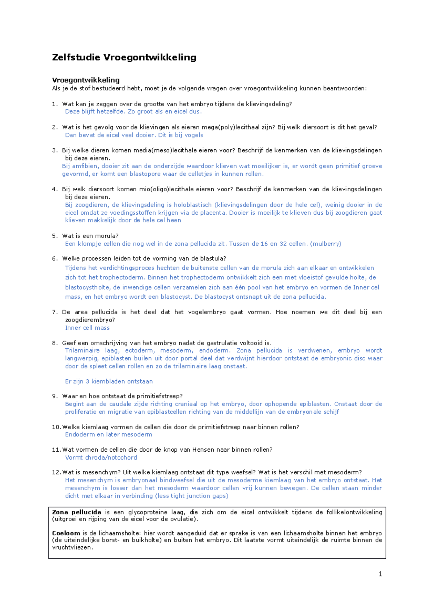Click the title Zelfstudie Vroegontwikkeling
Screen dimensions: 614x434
click(x=124, y=57)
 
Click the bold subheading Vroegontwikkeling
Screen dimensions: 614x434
click(x=86, y=80)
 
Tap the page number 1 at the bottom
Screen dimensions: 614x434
click(x=380, y=574)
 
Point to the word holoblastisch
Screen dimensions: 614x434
click(x=193, y=205)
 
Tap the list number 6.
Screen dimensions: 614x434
click(x=55, y=259)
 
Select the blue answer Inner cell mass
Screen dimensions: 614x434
click(x=87, y=328)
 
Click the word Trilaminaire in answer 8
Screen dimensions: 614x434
click(x=82, y=350)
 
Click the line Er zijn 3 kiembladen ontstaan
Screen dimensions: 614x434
click(x=109, y=381)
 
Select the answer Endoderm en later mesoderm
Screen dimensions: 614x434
click(x=109, y=435)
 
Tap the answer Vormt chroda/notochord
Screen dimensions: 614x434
click(x=101, y=458)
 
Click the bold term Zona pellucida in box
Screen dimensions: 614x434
click(x=77, y=512)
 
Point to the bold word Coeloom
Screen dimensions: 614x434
click(x=66, y=533)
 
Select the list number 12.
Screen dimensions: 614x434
click(x=56, y=472)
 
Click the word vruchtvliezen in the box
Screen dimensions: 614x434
click(x=72, y=547)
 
